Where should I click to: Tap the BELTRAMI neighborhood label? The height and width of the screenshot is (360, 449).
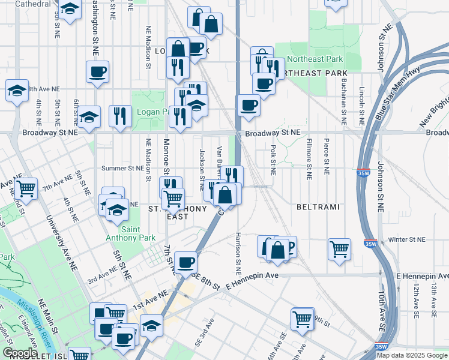point(318,207)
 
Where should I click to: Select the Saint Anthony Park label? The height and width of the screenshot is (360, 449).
point(122,234)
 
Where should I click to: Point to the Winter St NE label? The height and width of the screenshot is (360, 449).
point(406,239)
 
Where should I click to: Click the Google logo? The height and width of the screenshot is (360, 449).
point(20,353)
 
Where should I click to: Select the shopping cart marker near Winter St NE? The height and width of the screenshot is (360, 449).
point(339,248)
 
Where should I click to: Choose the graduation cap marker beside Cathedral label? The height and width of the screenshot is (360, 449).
point(70,9)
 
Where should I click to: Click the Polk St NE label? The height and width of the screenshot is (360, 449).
point(273,159)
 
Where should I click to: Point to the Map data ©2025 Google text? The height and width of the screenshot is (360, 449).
point(412,355)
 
